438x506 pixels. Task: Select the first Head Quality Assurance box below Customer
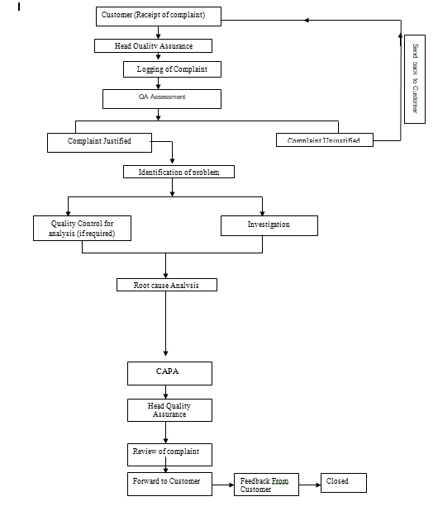click(x=154, y=46)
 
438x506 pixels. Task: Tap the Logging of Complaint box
click(x=173, y=69)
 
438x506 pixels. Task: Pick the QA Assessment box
click(x=162, y=98)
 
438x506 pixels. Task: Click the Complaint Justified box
click(x=100, y=142)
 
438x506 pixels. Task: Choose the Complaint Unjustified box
click(x=324, y=140)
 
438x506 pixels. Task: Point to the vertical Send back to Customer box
click(x=415, y=78)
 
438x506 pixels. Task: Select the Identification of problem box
click(x=179, y=172)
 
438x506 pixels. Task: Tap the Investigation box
click(x=269, y=225)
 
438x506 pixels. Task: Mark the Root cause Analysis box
click(x=167, y=285)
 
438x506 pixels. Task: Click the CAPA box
click(x=169, y=373)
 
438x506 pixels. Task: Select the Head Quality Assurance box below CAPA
click(x=169, y=410)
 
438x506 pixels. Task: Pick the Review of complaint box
click(x=169, y=455)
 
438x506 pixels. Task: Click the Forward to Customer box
click(x=169, y=483)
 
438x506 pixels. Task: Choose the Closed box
click(x=343, y=482)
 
